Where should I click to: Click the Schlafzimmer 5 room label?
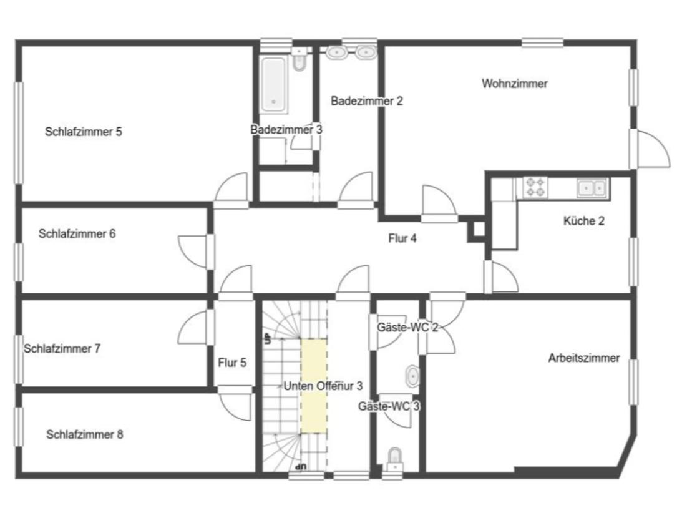(x=84, y=131)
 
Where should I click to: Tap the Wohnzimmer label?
(x=515, y=84)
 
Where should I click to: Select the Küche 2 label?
(x=584, y=221)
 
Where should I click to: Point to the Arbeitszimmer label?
(x=584, y=358)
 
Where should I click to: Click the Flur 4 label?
(x=402, y=238)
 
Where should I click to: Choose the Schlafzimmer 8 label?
(x=85, y=434)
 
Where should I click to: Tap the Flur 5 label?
(x=232, y=363)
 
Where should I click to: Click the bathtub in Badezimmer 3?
(x=274, y=84)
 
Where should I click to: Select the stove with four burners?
(x=535, y=187)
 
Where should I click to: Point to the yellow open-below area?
(x=314, y=386)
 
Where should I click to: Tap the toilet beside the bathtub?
(x=299, y=59)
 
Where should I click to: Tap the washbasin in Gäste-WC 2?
(x=412, y=376)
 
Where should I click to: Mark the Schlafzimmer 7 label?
(x=62, y=348)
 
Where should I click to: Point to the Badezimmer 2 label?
(x=366, y=100)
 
